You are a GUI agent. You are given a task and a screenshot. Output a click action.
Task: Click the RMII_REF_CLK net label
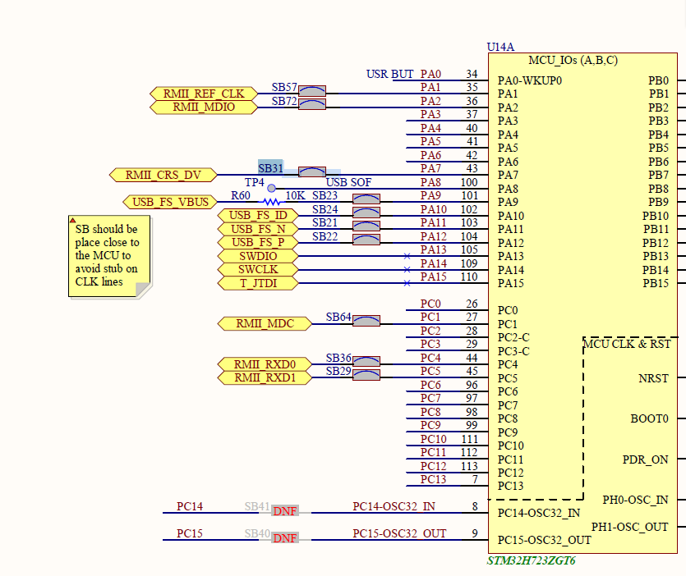coord(204,94)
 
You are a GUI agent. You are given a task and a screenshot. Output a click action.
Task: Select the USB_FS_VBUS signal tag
coord(171,202)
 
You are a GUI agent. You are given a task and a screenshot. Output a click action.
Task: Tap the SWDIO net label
coord(258,256)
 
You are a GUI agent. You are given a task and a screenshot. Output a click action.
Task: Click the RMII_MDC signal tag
coord(265,323)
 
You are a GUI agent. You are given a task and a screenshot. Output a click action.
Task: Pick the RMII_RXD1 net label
coord(265,377)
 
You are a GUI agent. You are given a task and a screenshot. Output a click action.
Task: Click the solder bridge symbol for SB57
coord(312,89)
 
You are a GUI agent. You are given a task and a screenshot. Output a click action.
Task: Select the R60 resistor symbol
coord(271,202)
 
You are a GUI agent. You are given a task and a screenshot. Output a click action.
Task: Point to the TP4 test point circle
coord(271,188)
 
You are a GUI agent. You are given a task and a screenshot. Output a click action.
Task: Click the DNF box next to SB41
coord(285,511)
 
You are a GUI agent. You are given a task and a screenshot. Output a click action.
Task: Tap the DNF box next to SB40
coord(285,538)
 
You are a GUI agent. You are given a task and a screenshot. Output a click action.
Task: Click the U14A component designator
coord(501,48)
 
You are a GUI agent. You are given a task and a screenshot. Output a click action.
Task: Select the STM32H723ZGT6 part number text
coord(531,561)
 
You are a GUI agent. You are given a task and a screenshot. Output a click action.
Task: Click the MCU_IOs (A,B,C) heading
coord(573,61)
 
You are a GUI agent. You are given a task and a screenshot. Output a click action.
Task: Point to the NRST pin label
coord(653,379)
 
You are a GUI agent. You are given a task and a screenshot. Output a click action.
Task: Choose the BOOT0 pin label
coord(649,418)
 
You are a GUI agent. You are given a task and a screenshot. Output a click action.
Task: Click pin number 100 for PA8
coord(468,182)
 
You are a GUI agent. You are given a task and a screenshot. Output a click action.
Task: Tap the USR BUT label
coord(390,75)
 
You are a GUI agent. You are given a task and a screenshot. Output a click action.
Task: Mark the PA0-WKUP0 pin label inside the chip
coord(530,81)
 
